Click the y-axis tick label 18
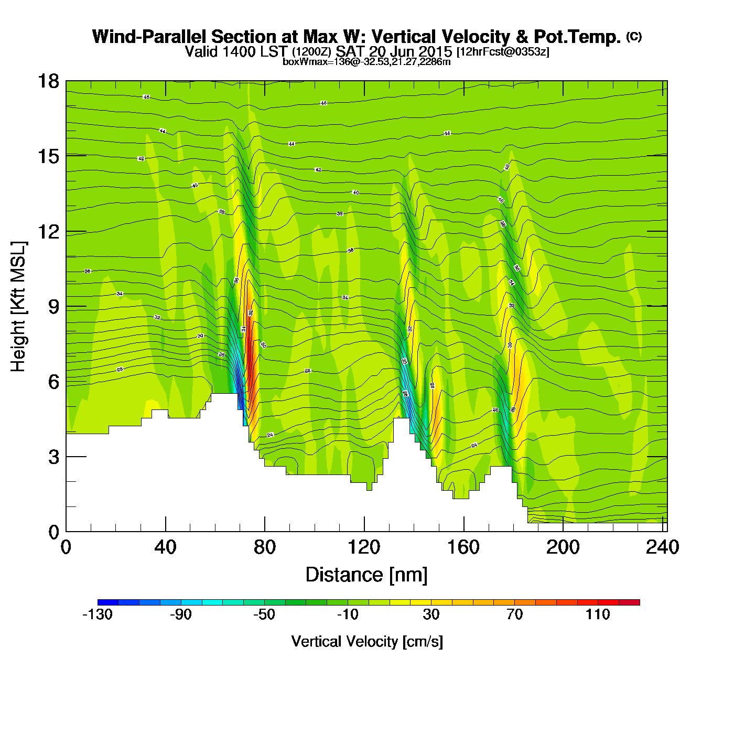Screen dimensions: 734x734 48,81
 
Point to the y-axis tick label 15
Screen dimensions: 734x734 48,156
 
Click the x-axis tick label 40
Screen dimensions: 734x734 165,547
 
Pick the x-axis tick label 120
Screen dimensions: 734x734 364,547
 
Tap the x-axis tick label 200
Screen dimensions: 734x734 563,547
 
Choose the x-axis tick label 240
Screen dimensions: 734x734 662,547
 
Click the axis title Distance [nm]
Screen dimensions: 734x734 366,575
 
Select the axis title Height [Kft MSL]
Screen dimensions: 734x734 18,307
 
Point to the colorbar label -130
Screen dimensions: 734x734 98,614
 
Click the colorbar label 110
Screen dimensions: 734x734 598,614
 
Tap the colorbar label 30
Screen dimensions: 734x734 431,614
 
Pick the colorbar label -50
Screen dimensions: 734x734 264,614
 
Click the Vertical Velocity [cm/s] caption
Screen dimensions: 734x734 367,642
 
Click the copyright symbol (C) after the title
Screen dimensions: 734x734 634,36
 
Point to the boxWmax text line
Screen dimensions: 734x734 366,62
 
